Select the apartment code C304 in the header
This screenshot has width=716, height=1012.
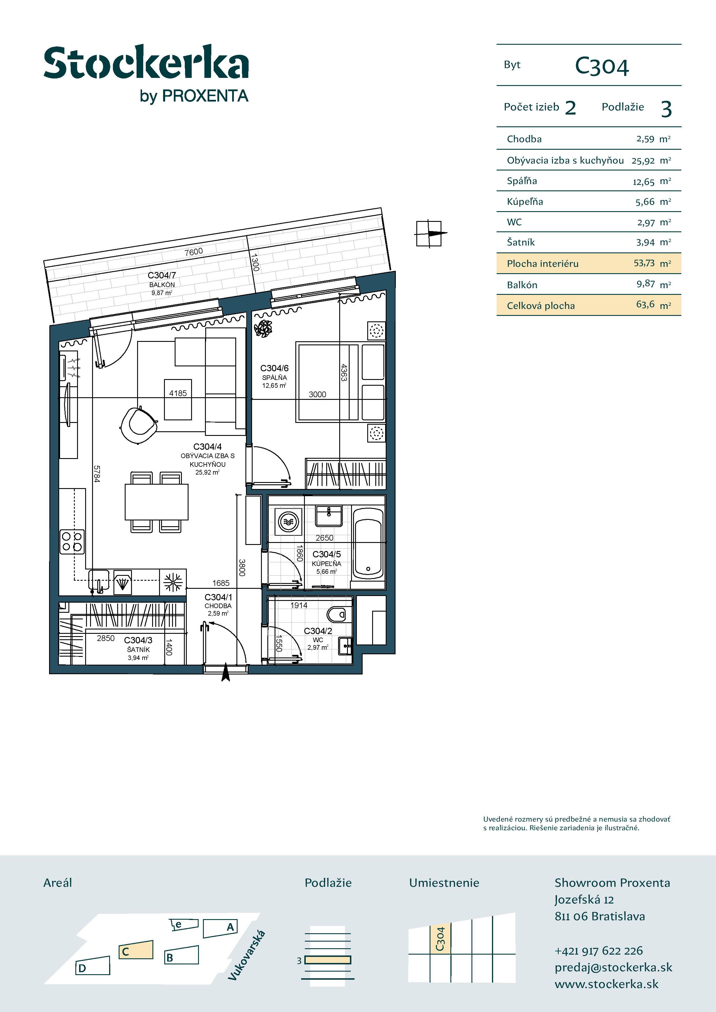602,67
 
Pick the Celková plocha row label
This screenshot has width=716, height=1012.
540,306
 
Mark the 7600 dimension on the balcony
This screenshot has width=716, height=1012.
194,252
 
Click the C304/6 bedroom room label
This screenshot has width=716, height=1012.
274,368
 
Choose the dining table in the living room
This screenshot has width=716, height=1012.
156,502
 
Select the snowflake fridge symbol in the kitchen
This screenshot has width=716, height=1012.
173,582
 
